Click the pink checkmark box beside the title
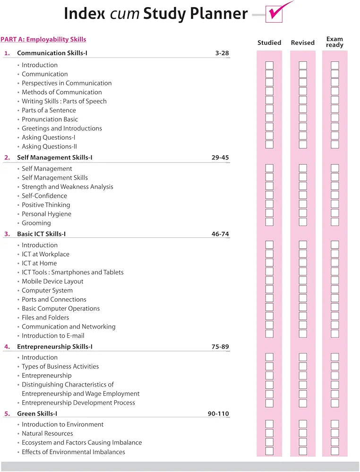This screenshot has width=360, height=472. (x=274, y=14)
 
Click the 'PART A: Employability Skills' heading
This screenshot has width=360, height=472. (x=43, y=40)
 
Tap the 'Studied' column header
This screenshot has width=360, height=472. (x=269, y=42)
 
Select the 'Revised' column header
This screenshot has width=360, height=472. (x=303, y=42)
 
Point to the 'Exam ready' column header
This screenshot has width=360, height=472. (x=334, y=42)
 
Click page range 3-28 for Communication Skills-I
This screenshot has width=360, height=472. (x=222, y=53)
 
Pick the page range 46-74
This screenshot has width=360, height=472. (x=220, y=234)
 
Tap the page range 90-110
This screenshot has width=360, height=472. (x=218, y=414)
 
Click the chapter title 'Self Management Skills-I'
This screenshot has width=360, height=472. (x=55, y=158)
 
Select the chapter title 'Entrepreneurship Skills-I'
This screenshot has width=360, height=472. (x=55, y=347)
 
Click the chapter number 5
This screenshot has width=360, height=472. (x=7, y=414)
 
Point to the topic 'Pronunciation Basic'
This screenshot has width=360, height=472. (x=50, y=119)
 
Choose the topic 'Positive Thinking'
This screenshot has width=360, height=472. (x=46, y=205)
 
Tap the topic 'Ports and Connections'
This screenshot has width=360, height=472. (x=54, y=299)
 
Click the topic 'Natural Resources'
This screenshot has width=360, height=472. (x=47, y=433)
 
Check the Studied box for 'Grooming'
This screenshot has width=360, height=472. (x=269, y=222)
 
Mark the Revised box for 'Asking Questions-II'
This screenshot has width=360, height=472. (x=303, y=145)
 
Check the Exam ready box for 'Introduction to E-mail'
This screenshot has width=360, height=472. (x=335, y=334)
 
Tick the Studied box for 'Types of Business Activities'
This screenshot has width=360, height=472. (x=269, y=366)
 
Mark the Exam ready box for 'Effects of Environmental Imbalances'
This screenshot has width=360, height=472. (x=335, y=451)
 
